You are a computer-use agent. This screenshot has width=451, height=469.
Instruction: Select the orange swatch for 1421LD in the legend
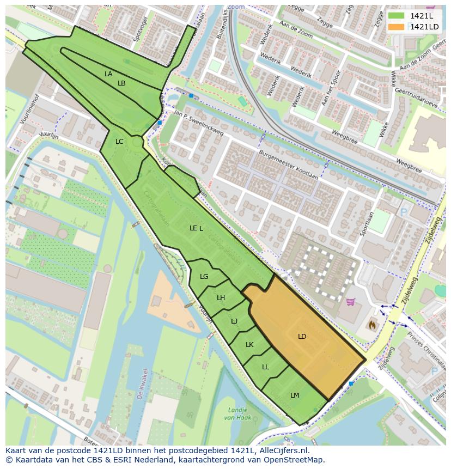click(396, 27)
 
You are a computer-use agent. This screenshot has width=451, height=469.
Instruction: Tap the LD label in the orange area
click(302, 337)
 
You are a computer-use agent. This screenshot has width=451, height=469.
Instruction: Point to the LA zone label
click(108, 74)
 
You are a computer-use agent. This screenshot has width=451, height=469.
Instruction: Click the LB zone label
click(121, 83)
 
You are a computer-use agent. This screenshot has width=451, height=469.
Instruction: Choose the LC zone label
click(119, 142)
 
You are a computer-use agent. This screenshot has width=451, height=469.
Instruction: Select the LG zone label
click(204, 277)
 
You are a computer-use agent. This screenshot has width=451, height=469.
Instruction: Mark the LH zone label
click(221, 298)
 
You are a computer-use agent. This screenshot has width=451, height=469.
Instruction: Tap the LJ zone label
click(234, 321)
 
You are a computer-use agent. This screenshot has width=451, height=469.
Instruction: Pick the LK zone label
click(249, 345)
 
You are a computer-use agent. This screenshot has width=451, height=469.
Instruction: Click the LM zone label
click(295, 395)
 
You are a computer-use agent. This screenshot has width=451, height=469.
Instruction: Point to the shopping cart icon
click(351, 301)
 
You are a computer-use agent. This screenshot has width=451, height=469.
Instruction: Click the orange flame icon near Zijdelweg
click(373, 324)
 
